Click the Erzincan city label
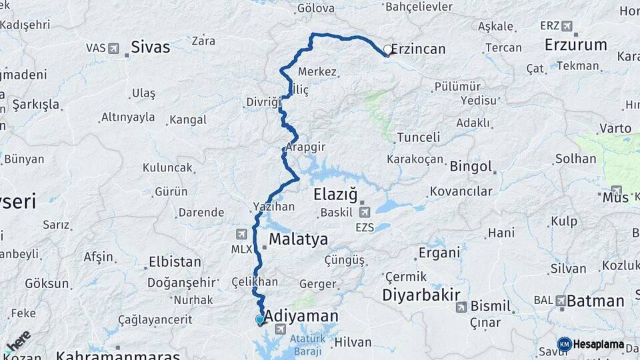pyautogui.click(x=419, y=49)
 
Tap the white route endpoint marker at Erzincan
pyautogui.click(x=387, y=49)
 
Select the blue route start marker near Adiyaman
pyautogui.click(x=259, y=319)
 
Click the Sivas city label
pyautogui.click(x=150, y=47)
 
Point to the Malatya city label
pyautogui.click(x=298, y=239)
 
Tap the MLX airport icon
pyautogui.click(x=241, y=234)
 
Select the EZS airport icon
pyautogui.click(x=364, y=213)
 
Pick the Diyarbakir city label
pyautogui.click(x=421, y=295)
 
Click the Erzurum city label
pyautogui.click(x=575, y=45)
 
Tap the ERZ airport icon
pyautogui.click(x=567, y=26)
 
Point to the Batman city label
pyautogui.click(x=595, y=301)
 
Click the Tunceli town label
pyautogui.click(x=418, y=137)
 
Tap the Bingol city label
pyautogui.click(x=471, y=166)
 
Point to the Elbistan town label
pyautogui.click(x=175, y=261)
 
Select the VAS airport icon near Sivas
pyautogui.click(x=113, y=48)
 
